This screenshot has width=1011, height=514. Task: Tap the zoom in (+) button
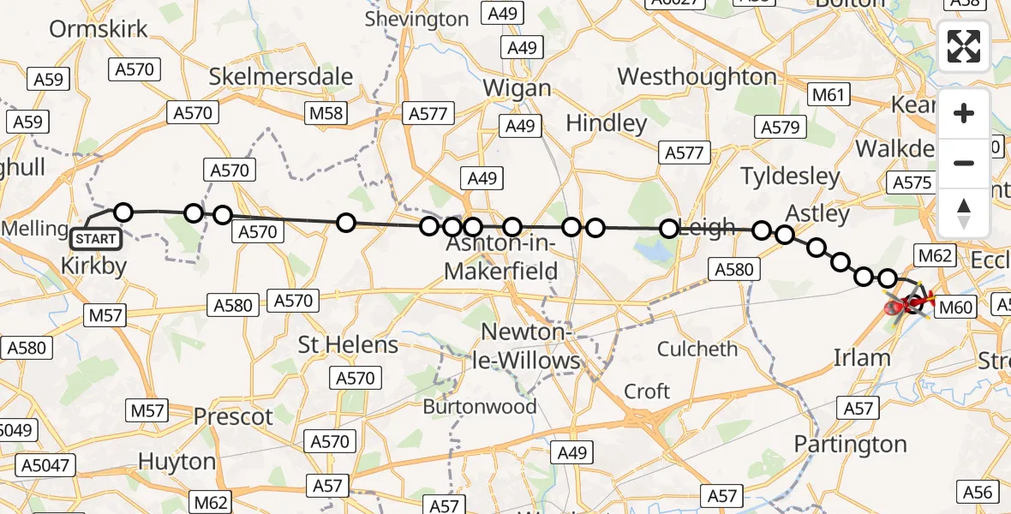point(964,113)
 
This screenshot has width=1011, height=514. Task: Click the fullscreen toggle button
point(964,46)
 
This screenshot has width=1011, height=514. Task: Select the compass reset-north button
point(964,212)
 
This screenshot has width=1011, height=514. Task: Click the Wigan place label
point(517,89)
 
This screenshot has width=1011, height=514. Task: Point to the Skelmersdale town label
point(281,76)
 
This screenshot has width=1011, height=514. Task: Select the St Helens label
point(348,345)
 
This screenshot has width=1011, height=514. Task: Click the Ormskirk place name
point(99,29)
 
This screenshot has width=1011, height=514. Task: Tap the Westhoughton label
point(697,77)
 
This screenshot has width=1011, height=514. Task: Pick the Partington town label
point(850,445)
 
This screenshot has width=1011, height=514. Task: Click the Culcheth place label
point(697,349)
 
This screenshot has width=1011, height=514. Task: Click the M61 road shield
point(829,95)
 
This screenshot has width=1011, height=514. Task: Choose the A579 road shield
point(781,128)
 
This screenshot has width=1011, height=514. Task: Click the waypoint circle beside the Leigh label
point(669,229)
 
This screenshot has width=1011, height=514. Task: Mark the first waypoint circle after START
point(124,212)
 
